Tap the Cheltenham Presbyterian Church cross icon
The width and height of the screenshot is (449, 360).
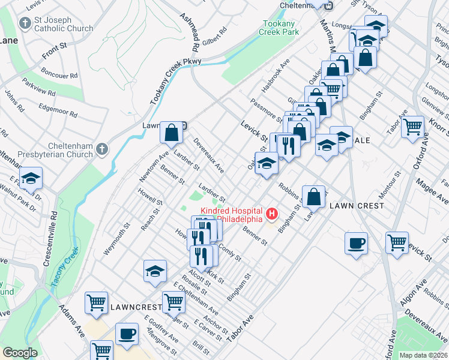[103, 148]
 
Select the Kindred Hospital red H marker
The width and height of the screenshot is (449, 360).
[273, 213]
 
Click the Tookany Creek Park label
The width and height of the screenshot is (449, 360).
[280, 28]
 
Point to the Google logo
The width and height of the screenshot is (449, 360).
[19, 353]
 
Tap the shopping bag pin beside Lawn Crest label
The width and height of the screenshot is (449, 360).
[313, 196]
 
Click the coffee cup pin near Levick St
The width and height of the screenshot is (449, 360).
[357, 244]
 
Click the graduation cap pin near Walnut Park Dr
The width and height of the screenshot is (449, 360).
[31, 178]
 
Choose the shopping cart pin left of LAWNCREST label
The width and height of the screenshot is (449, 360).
[97, 303]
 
